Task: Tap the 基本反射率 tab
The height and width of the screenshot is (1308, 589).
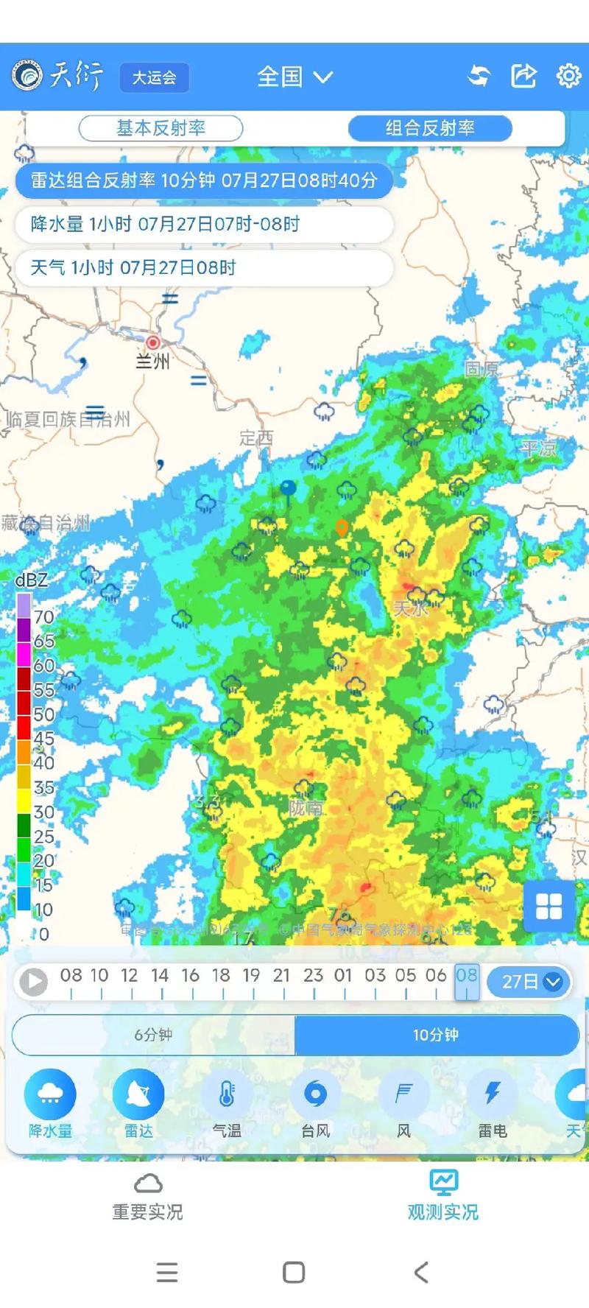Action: [x=161, y=128]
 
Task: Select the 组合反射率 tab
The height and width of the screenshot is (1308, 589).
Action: [x=430, y=128]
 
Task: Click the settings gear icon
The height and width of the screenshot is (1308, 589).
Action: [x=568, y=76]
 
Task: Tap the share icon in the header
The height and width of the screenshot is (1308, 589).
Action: [x=523, y=76]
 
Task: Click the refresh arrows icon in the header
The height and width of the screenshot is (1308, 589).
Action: [x=479, y=76]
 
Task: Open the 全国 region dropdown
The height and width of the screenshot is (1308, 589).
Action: [x=294, y=77]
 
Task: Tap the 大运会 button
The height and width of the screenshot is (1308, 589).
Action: [x=154, y=77]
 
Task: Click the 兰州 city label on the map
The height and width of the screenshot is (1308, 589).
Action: [x=153, y=361]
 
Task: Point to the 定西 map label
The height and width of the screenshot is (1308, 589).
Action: [x=256, y=438]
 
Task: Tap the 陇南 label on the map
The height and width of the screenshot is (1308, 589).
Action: [x=306, y=808]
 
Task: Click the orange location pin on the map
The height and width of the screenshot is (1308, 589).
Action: [x=342, y=527]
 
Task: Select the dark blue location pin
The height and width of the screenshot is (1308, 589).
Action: [x=288, y=489]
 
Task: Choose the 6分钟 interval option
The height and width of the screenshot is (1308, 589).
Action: [x=153, y=1035]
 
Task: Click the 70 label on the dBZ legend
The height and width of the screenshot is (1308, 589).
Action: [x=43, y=616]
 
